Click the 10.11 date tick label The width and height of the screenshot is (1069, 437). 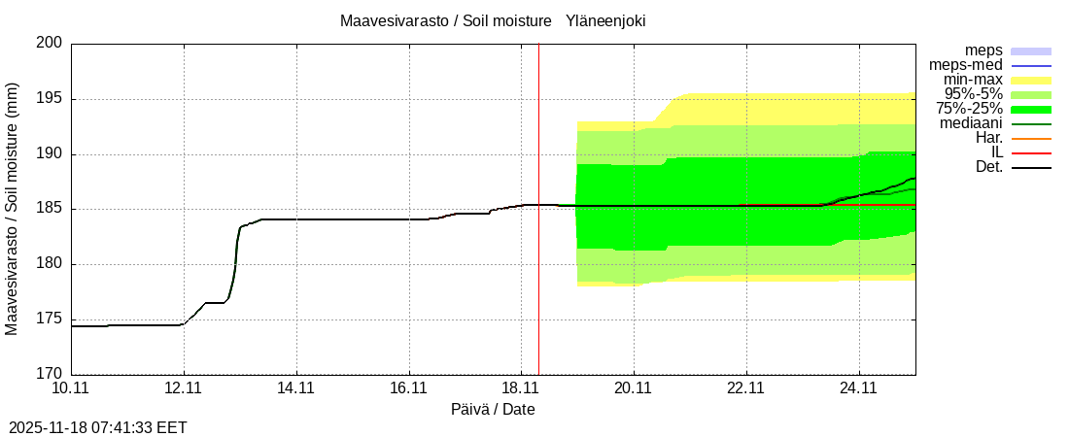click(x=71, y=388)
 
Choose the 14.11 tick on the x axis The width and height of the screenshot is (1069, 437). click(x=295, y=388)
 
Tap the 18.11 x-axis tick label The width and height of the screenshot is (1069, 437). click(x=521, y=388)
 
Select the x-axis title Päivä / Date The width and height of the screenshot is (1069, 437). click(x=493, y=409)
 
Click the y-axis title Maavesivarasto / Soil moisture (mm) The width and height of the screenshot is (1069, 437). click(x=12, y=208)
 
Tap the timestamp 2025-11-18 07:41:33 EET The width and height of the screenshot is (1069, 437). click(x=97, y=427)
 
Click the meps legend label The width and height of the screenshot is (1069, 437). click(x=983, y=50)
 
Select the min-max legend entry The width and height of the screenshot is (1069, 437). click(x=976, y=80)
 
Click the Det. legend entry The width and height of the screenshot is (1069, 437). click(x=988, y=167)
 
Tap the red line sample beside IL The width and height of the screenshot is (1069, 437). click(x=1031, y=153)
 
